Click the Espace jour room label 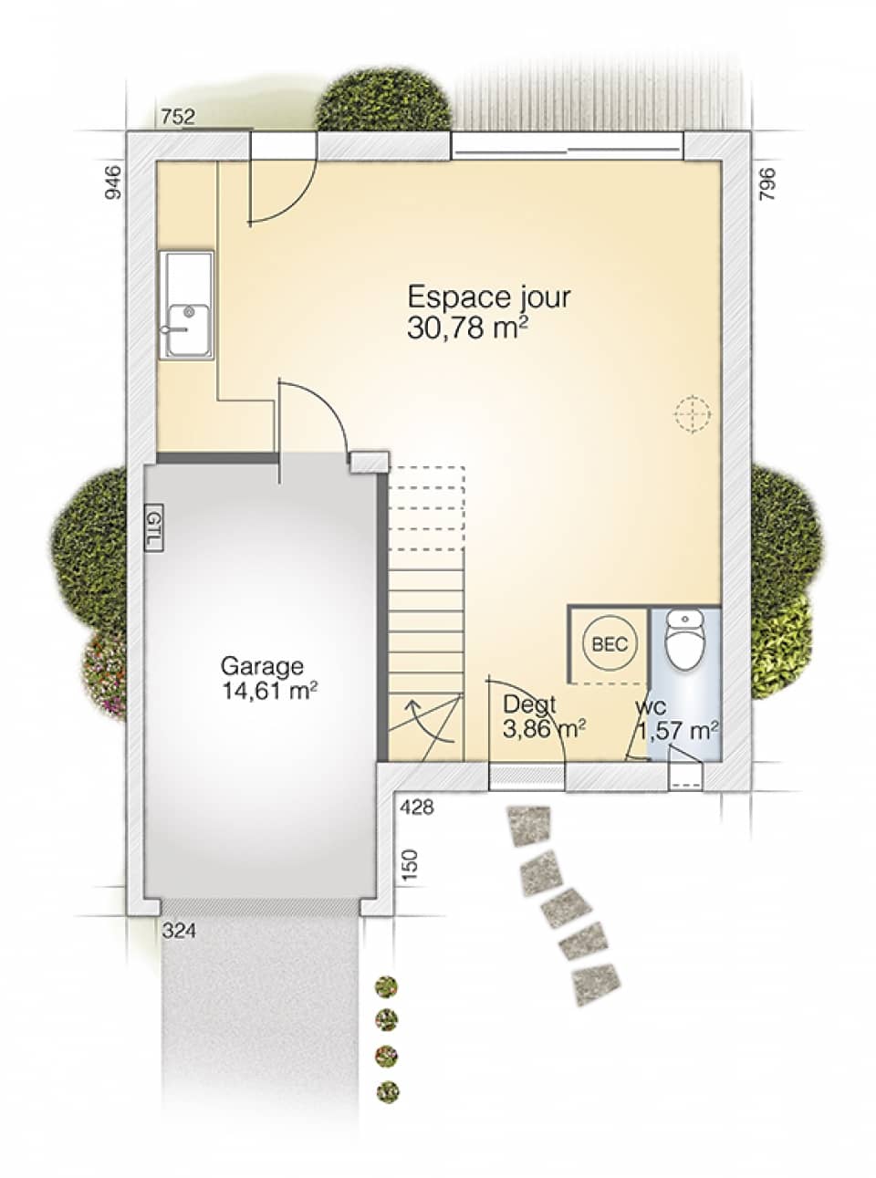click(489, 298)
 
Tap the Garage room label click(262, 665)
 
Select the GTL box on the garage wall click(153, 528)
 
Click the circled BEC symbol click(610, 644)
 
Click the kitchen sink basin click(188, 329)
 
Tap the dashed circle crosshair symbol click(693, 413)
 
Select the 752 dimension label click(178, 117)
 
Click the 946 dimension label click(114, 182)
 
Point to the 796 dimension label click(767, 183)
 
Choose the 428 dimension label click(417, 808)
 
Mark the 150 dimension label click(410, 866)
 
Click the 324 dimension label click(179, 931)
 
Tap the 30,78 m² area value click(467, 328)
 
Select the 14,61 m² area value click(269, 691)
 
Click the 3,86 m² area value click(544, 728)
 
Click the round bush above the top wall click(383, 99)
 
